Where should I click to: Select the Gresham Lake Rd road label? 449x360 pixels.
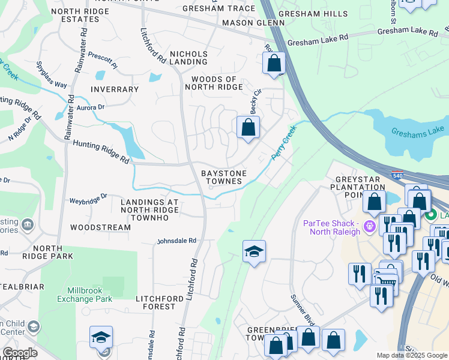tap(317, 43)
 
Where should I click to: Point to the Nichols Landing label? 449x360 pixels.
tap(188, 58)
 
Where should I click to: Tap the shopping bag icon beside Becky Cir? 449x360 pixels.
tap(248, 128)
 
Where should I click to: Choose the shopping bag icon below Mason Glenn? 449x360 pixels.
tap(274, 63)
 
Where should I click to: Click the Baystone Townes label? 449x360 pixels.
tap(223, 177)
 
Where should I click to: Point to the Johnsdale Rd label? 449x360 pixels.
tap(176, 241)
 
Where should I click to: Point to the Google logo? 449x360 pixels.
tap(20, 353)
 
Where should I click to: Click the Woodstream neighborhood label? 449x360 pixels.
tap(100, 227)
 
